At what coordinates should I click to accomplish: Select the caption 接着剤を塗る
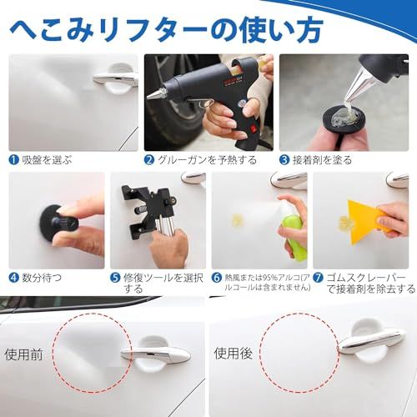pyautogui.click(x=320, y=159)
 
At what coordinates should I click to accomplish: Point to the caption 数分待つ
pyautogui.click(x=41, y=277)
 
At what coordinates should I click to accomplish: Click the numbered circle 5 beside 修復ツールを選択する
pyautogui.click(x=116, y=277)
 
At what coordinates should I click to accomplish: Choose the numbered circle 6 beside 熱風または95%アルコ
pyautogui.click(x=217, y=277)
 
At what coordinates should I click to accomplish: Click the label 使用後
pyautogui.click(x=232, y=354)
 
